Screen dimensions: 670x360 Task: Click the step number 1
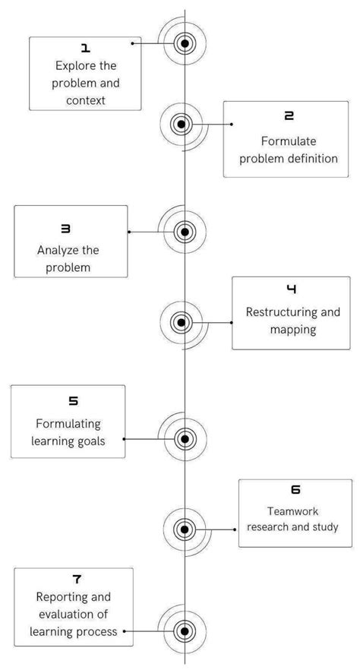click(85, 48)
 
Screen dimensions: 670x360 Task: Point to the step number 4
click(292, 289)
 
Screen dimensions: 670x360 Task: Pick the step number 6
click(295, 490)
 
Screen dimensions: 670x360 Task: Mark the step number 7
click(77, 579)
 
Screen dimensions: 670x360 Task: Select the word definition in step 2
click(310, 158)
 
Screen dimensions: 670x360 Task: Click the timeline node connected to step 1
click(183, 43)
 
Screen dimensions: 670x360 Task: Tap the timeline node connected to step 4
click(181, 322)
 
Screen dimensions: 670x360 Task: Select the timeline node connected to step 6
click(183, 529)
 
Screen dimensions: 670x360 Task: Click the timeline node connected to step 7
click(183, 630)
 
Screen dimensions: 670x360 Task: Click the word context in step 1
click(85, 100)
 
